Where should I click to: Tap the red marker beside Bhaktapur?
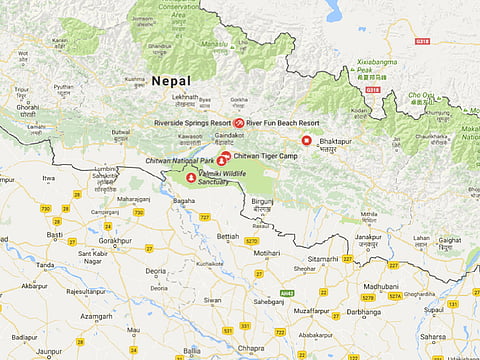pos(307,141)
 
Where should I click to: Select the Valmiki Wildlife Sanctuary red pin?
pos(191,178)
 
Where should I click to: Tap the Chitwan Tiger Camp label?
pos(266,156)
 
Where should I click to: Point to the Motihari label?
pos(267,254)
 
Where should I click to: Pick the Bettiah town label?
pos(228,237)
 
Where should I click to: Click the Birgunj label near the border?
pos(262,201)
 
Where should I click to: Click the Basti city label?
pos(54,235)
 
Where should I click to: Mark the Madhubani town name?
pos(381,286)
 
